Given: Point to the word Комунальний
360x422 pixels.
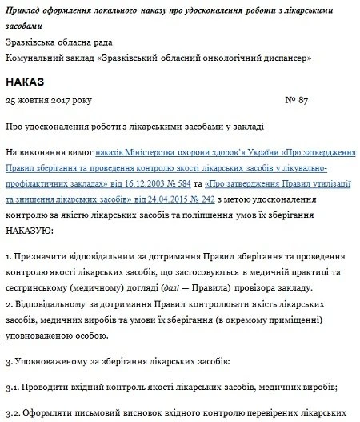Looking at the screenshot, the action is [x=34, y=58].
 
